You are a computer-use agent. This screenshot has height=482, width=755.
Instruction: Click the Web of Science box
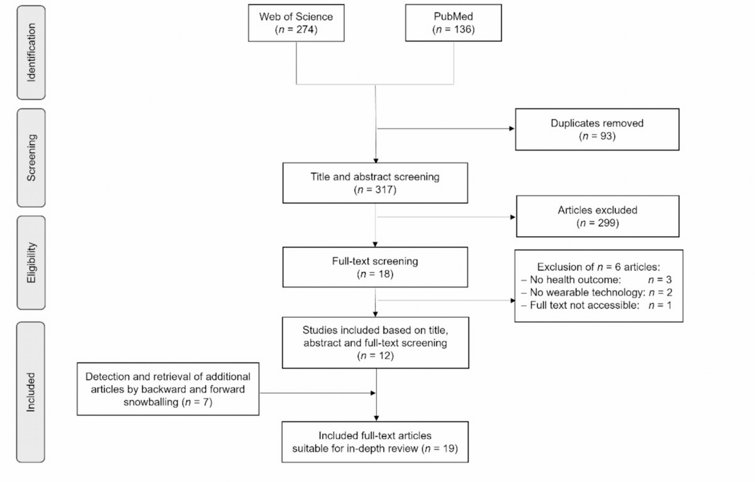click(x=296, y=23)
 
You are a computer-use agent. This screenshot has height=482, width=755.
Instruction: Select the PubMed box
click(x=453, y=23)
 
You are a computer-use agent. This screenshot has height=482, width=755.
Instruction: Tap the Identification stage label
click(x=31, y=52)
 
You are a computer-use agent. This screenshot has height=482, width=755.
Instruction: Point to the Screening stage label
click(x=31, y=158)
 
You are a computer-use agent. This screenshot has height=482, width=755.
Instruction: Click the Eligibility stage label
click(x=31, y=263)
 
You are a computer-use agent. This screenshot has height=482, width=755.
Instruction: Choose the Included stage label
click(x=31, y=392)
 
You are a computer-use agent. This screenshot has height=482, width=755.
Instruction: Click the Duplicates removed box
click(x=597, y=129)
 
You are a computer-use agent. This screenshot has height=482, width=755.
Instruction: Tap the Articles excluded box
click(x=597, y=216)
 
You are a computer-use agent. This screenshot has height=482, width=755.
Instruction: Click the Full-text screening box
click(x=375, y=267)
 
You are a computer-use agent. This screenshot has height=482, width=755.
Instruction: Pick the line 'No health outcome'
click(x=596, y=280)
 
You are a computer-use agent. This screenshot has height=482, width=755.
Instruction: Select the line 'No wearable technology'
click(x=597, y=293)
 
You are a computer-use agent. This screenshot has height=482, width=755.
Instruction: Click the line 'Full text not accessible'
click(x=596, y=306)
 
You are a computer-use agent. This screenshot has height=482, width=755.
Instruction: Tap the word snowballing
click(x=151, y=402)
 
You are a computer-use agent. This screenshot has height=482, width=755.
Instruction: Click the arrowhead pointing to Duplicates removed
click(x=512, y=129)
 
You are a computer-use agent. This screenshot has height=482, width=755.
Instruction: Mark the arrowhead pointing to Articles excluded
click(x=513, y=217)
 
